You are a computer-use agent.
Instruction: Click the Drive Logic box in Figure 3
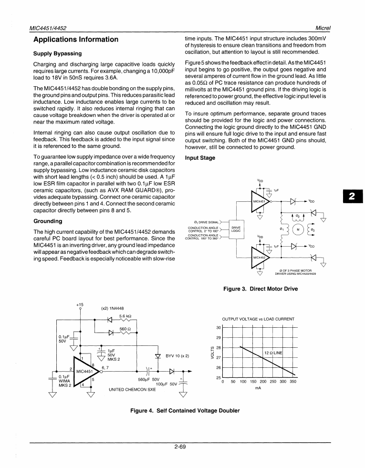pos(236,229)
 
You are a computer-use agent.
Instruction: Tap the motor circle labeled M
pos(298,229)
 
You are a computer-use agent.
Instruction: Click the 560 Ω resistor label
pos(125,329)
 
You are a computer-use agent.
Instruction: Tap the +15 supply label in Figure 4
pos(80,304)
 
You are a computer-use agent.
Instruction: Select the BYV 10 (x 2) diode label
pos(177,356)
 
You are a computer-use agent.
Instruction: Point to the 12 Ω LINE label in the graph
pos(273,353)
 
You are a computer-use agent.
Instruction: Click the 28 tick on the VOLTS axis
pos(219,348)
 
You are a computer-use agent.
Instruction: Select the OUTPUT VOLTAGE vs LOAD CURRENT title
pos(258,319)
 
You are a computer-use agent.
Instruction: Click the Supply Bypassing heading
pos(57,53)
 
